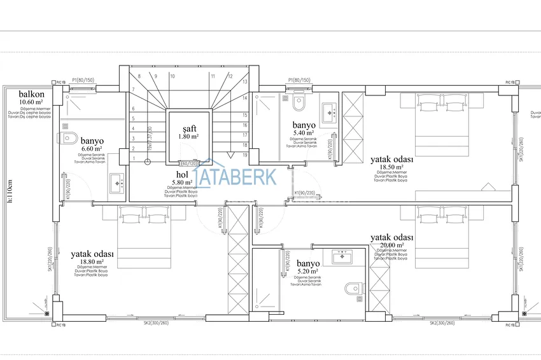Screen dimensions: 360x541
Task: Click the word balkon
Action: pos(31,94)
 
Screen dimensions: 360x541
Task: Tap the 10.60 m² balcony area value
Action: pos(31,102)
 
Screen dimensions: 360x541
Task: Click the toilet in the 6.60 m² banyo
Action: pos(69,137)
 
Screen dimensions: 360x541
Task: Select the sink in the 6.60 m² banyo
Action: pos(116,183)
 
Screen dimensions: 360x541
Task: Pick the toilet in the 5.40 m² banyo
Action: pos(299,102)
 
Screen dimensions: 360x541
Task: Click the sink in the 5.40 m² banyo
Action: pos(330,112)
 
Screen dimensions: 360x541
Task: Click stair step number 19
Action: pos(244,155)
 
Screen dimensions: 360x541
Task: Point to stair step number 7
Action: pos(134,89)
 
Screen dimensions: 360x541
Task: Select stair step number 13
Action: pos(244,82)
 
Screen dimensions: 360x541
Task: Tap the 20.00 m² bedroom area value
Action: pos(392,245)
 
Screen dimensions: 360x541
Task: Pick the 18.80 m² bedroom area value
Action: pos(92,261)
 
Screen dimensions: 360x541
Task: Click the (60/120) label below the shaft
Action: pos(188,163)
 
